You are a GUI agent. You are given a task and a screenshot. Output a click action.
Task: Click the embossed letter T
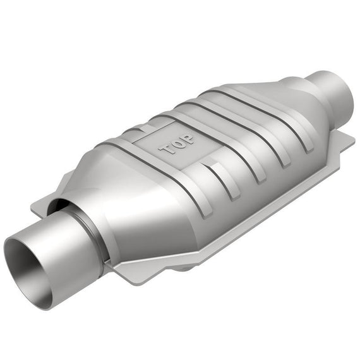tap(167, 149)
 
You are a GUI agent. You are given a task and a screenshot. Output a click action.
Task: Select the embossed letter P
tap(188, 139)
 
